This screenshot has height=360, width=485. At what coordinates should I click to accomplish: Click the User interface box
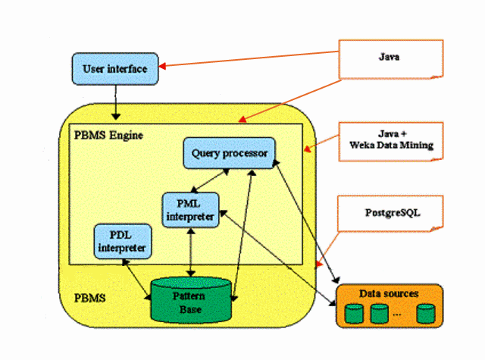115,69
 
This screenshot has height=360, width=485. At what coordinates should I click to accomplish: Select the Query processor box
229,154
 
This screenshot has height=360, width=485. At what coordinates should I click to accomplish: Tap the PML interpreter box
190,209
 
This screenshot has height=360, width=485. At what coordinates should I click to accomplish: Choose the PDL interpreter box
120,240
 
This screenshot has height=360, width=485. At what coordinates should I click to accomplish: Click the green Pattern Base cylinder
189,300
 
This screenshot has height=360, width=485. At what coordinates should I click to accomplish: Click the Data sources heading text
389,293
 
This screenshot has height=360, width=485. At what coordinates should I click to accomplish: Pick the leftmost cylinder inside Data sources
353,312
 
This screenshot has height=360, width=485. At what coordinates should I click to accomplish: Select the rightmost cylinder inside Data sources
426,312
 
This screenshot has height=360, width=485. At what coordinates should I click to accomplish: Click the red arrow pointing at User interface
250,59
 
